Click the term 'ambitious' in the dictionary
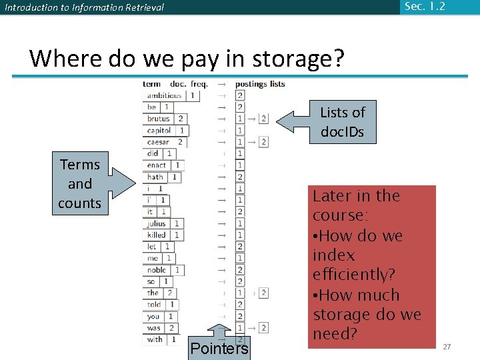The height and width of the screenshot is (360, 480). click(x=164, y=95)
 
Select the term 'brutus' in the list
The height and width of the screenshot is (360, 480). click(x=159, y=119)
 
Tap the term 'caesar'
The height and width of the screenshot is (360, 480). click(x=159, y=142)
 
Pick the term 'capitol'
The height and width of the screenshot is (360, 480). click(x=159, y=131)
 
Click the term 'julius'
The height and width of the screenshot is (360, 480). click(x=156, y=223)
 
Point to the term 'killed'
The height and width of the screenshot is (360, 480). click(x=156, y=235)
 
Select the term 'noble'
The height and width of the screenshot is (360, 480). click(x=157, y=270)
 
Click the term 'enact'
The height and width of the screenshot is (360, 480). click(x=157, y=165)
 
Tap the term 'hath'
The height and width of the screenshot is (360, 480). click(x=155, y=177)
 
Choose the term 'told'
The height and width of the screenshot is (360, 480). click(x=154, y=305)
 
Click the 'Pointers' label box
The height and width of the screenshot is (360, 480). click(x=219, y=348)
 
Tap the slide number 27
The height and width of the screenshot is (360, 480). click(x=447, y=347)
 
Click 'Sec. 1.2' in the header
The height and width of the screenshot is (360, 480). click(x=424, y=7)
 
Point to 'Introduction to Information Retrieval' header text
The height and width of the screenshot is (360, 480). click(x=84, y=8)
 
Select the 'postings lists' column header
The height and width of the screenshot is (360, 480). click(x=260, y=84)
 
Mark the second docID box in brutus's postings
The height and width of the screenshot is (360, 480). click(x=263, y=119)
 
